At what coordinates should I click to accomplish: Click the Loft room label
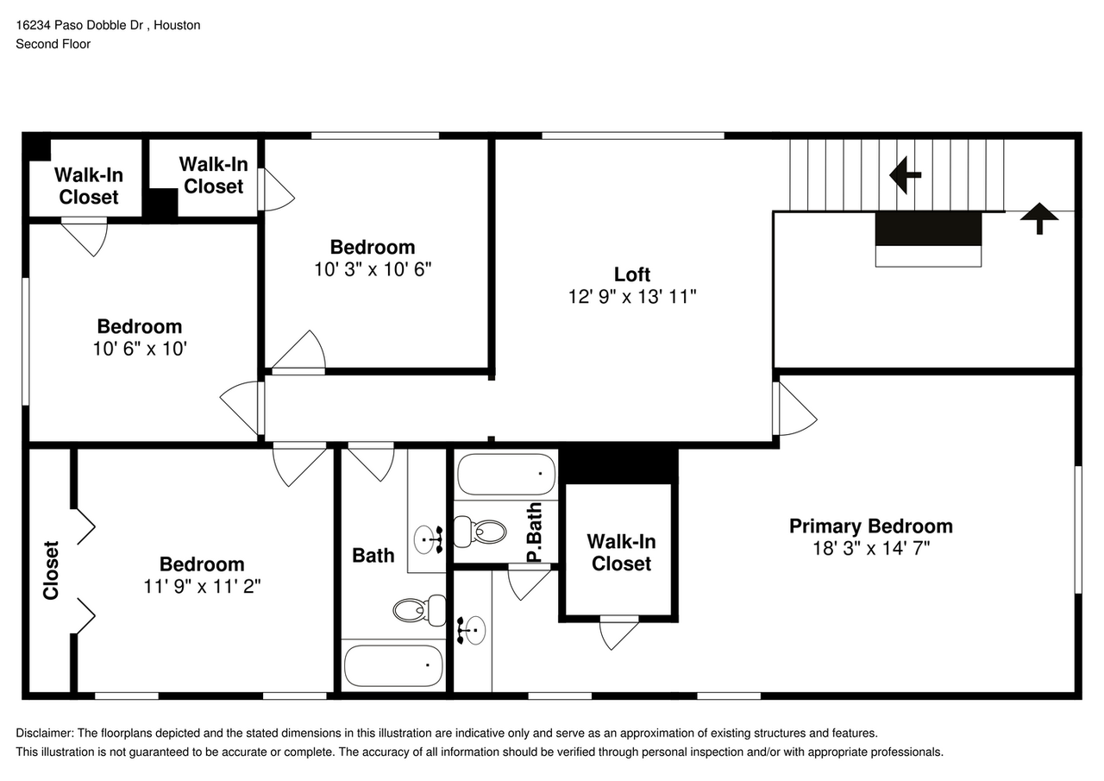pos(631,274)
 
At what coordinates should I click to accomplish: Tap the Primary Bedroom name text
pos(871,526)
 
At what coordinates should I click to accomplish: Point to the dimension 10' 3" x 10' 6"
pos(373,269)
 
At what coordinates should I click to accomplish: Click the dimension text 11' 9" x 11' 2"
pos(202,586)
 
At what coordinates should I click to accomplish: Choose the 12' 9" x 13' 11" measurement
pos(631,297)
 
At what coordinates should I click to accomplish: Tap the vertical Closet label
pos(51,570)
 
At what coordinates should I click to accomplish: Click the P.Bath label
pos(535,533)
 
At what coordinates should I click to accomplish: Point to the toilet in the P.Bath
pos(483,531)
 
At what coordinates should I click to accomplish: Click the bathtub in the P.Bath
pos(505,474)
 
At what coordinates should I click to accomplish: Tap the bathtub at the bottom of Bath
pos(394,665)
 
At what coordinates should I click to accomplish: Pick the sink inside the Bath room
pos(429,540)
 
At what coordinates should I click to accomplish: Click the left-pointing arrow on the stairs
pos(905,175)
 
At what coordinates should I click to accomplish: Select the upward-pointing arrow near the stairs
pos(1039,217)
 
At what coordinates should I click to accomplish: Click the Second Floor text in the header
pos(53,43)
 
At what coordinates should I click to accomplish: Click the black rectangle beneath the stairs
pos(928,229)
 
